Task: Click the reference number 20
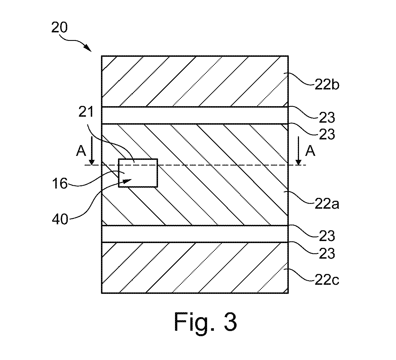(x=59, y=28)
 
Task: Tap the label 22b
(x=327, y=85)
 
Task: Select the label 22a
(x=327, y=204)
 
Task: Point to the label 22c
(x=327, y=280)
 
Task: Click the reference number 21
(x=86, y=112)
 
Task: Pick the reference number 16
(x=60, y=184)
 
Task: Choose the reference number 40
(x=60, y=219)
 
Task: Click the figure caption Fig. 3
(x=205, y=325)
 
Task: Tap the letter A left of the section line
(x=81, y=151)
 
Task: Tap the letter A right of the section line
(x=310, y=151)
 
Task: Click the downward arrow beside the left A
(x=92, y=150)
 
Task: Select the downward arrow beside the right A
(x=298, y=150)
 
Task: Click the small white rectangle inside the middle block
(x=138, y=173)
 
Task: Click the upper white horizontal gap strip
(x=195, y=115)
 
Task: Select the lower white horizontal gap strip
(x=195, y=234)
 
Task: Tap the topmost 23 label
(x=327, y=118)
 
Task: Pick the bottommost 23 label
(x=327, y=254)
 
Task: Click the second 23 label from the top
(x=327, y=134)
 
